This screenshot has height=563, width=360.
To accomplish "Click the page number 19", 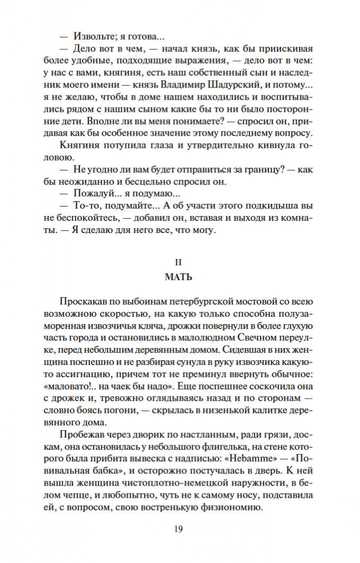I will point(178,529).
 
